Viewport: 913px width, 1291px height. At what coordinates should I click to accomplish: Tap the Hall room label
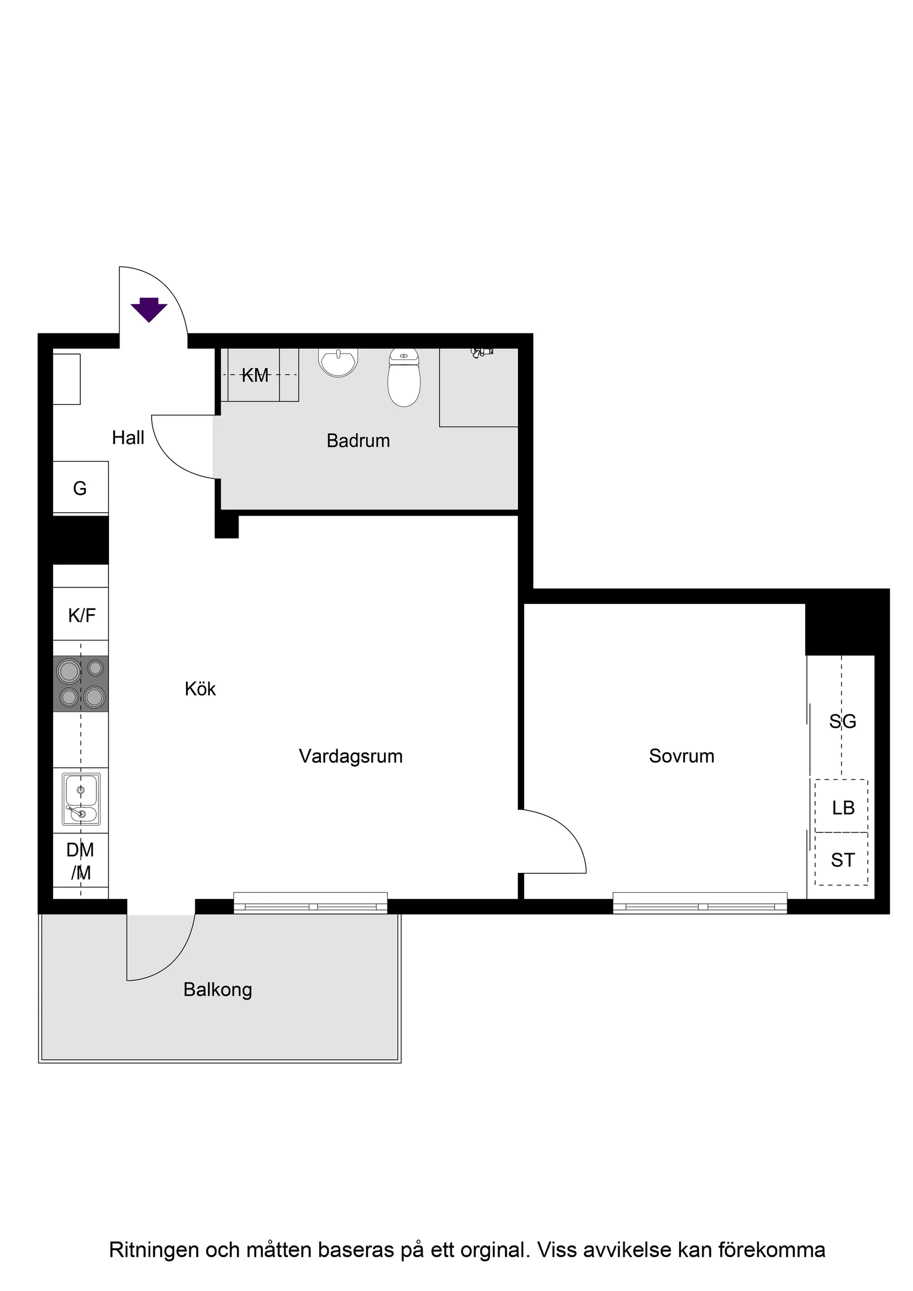coord(128,438)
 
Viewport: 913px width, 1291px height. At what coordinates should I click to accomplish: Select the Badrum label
coord(358,440)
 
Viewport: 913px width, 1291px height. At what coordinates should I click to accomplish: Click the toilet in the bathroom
coord(404,377)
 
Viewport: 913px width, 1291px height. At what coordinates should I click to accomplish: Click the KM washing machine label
coord(255,375)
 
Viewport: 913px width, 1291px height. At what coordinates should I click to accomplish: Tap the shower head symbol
coord(481,352)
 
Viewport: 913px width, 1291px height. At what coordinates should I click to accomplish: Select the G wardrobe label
coord(80,488)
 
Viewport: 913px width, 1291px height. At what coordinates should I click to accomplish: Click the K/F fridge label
coord(81,615)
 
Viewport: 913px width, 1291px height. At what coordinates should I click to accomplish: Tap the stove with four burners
coord(81,683)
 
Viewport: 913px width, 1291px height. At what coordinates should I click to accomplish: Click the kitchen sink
coord(81,799)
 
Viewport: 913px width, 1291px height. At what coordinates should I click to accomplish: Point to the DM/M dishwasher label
coord(80,861)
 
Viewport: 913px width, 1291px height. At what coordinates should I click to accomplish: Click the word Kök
coord(200,689)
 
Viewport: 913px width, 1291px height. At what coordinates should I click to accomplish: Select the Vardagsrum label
coord(350,756)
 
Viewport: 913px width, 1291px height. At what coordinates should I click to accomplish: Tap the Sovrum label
coord(681,756)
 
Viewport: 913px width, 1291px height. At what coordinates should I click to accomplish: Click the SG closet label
coord(842,721)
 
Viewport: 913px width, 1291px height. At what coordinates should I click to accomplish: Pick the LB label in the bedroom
coord(843,808)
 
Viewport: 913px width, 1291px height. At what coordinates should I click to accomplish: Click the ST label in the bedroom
coord(842,860)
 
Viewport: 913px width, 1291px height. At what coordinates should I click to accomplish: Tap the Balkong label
coord(217,990)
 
